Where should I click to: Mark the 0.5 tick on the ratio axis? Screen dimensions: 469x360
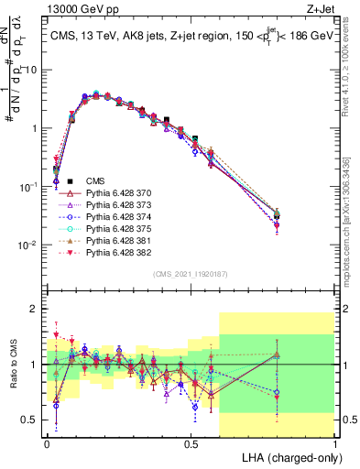click(x=30, y=420)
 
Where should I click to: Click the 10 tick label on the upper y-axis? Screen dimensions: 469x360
click(x=30, y=70)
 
